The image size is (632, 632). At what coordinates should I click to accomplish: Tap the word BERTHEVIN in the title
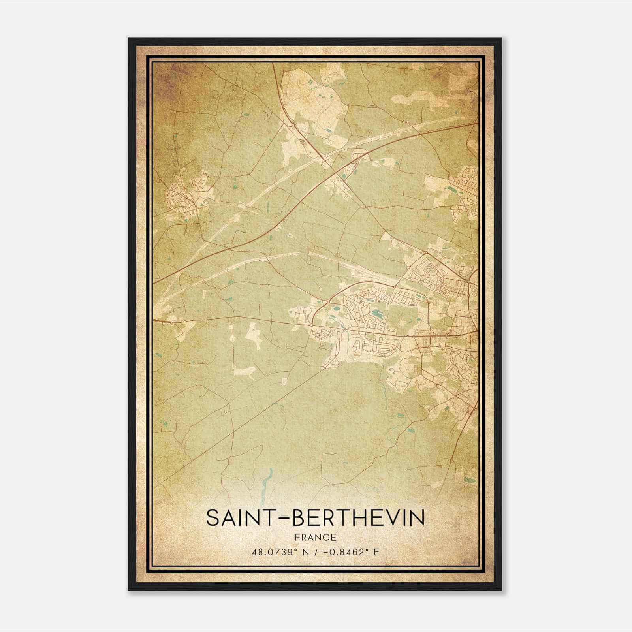tap(359, 518)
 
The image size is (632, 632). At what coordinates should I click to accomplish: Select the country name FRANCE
tap(315, 538)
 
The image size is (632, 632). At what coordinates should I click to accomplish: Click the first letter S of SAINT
tap(213, 518)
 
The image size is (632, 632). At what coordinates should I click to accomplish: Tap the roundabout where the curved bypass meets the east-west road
tap(312, 325)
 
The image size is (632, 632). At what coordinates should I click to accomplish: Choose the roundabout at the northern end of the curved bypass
tap(328, 302)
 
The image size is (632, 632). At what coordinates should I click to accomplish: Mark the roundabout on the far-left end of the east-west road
tap(170, 322)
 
